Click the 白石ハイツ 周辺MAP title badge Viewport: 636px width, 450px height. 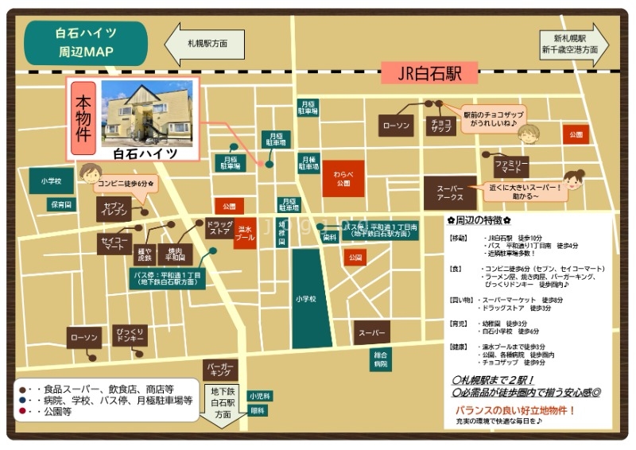(87, 43)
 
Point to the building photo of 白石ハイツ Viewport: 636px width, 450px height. (146, 114)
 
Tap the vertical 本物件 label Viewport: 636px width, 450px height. (83, 119)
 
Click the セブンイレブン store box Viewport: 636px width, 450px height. (114, 209)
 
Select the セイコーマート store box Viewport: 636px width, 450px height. (114, 244)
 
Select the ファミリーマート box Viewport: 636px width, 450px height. (511, 167)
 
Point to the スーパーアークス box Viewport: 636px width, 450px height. (450, 192)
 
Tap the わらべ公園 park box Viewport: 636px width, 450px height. (343, 179)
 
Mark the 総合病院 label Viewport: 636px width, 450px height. (381, 359)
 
